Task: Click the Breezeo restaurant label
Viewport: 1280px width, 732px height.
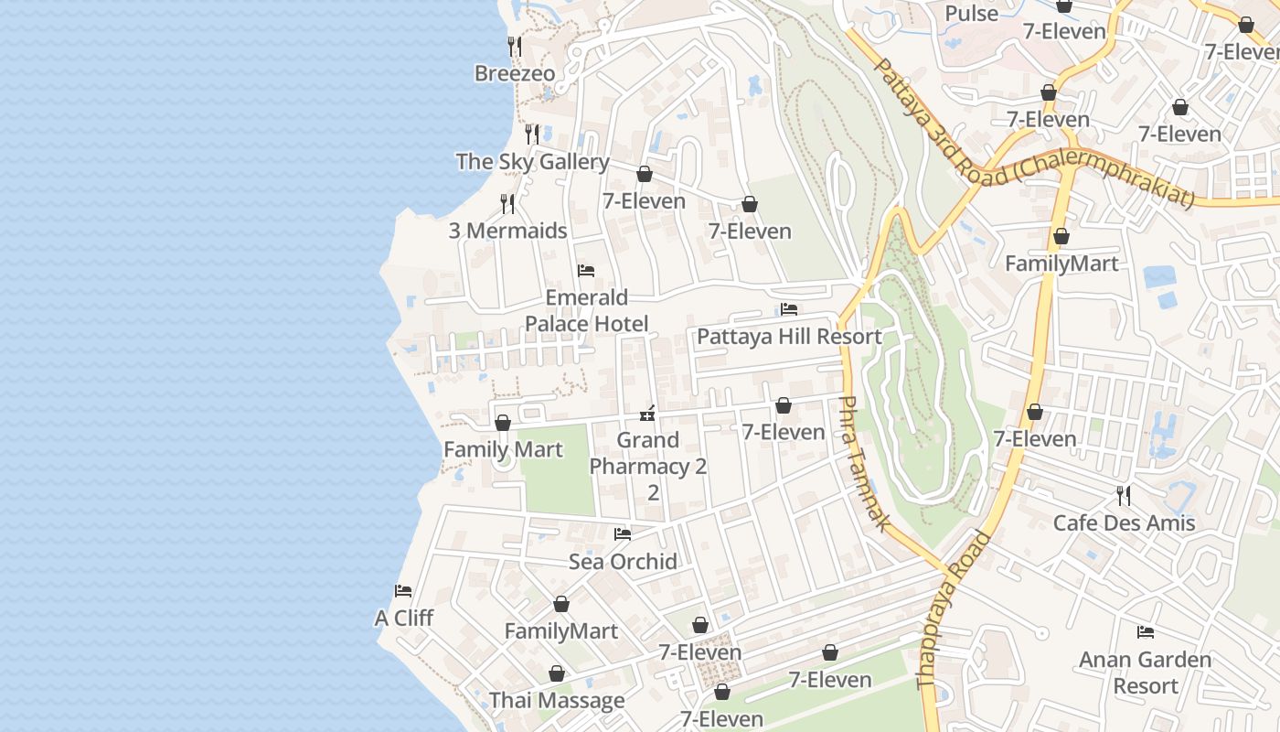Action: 515,73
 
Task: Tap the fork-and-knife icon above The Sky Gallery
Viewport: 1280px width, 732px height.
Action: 532,134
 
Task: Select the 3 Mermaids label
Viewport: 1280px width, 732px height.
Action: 507,231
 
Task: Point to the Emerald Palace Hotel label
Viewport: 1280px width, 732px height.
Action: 586,310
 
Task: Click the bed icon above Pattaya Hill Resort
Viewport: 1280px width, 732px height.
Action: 789,309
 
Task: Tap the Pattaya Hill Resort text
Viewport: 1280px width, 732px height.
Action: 789,336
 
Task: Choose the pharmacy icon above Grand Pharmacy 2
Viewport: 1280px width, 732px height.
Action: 647,414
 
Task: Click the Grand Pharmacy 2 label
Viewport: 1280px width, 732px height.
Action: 648,466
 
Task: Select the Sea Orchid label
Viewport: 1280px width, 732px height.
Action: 623,561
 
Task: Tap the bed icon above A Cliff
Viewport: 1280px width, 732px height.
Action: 403,591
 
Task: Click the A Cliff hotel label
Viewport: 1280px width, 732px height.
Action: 404,618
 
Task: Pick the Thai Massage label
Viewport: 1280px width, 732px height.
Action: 557,700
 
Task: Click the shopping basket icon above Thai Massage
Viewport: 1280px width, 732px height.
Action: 557,674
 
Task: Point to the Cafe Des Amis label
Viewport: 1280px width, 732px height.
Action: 1124,522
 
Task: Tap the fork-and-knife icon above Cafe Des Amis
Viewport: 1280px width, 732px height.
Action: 1124,496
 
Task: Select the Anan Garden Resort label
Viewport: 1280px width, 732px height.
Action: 1145,673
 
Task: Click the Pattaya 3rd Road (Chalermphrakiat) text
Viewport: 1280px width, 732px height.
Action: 1033,137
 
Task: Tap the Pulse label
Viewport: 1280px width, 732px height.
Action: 971,14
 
